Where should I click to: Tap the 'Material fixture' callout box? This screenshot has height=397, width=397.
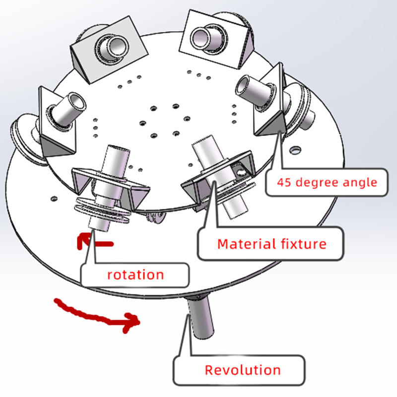click(x=272, y=244)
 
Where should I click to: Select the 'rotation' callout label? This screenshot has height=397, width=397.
click(x=135, y=274)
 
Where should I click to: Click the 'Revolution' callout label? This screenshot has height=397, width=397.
click(x=243, y=370)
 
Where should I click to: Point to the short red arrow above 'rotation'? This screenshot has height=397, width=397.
click(x=95, y=243)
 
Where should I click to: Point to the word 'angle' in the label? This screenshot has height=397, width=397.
click(x=360, y=182)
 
